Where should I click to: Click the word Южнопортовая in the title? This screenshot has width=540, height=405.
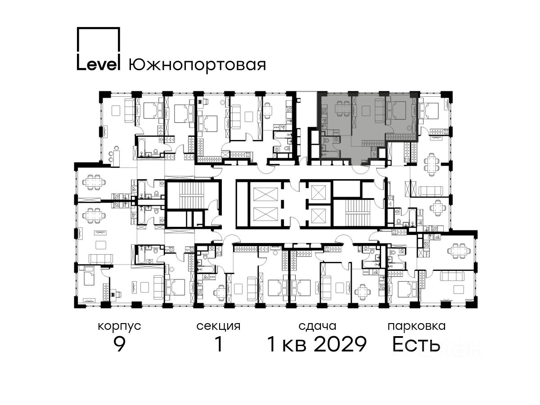click(x=197, y=65)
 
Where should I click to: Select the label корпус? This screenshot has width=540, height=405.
click(x=119, y=327)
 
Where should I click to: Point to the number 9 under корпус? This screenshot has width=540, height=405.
click(x=120, y=344)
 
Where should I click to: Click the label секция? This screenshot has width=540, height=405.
click(x=218, y=326)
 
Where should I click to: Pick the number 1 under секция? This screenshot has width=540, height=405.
click(x=219, y=344)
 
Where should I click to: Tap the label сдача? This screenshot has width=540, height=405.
click(x=317, y=326)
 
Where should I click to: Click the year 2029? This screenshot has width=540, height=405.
click(x=341, y=344)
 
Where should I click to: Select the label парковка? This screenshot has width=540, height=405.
click(x=417, y=326)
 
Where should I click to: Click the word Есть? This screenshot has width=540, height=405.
click(x=416, y=344)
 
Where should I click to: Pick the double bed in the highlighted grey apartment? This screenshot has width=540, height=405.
click(x=396, y=110)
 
